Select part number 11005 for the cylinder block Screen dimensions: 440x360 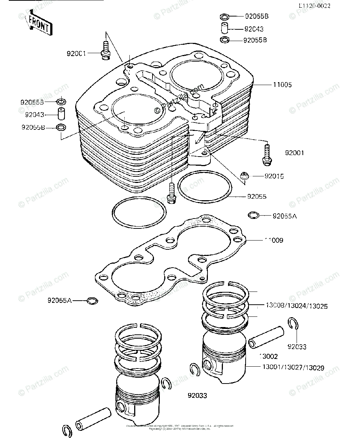pos(283,85)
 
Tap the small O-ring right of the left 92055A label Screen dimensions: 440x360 pos(92,301)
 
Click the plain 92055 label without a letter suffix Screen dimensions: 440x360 pos(257,197)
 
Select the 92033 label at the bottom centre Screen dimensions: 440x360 pos(197,396)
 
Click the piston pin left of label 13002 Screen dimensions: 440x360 pos(267,337)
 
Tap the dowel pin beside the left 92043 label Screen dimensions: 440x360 pos(61,114)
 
